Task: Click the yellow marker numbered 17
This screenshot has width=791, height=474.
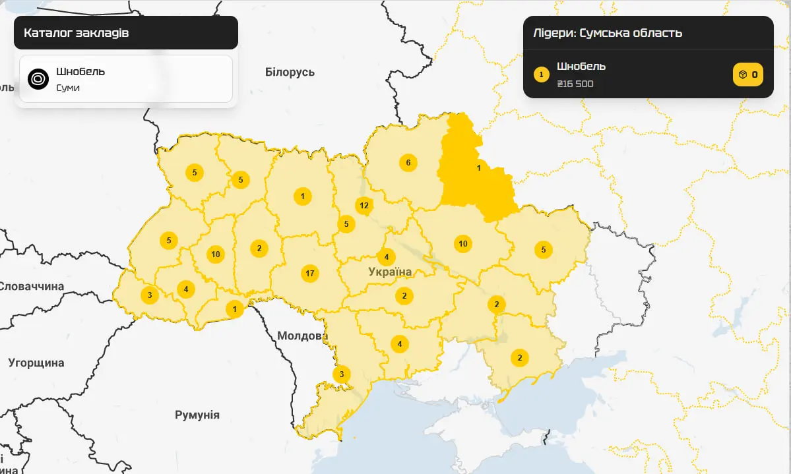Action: [x=309, y=273]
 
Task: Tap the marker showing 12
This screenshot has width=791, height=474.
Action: [x=364, y=205]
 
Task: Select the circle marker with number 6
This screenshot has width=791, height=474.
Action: [x=408, y=163]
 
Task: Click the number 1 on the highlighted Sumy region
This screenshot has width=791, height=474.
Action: [x=479, y=168]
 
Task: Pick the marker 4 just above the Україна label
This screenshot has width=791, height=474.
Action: [x=387, y=256]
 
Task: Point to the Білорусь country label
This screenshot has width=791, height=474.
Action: [x=290, y=72]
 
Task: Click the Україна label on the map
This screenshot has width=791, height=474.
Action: [x=390, y=272]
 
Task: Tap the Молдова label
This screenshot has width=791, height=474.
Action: [x=302, y=336]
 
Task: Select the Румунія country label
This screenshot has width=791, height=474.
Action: [x=197, y=415]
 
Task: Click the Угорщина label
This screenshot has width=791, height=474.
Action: [x=36, y=363]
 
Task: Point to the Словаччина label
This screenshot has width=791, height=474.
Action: [x=32, y=286]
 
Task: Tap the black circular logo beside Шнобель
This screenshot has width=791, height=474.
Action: [x=39, y=79]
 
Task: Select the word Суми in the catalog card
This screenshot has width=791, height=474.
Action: [x=68, y=88]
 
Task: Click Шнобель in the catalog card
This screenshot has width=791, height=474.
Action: [x=80, y=71]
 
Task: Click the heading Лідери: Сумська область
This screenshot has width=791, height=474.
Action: [x=608, y=33]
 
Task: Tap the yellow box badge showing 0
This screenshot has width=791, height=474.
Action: [x=747, y=74]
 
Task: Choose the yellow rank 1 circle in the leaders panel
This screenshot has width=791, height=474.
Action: [x=541, y=74]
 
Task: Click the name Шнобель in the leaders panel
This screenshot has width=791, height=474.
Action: [x=581, y=66]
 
